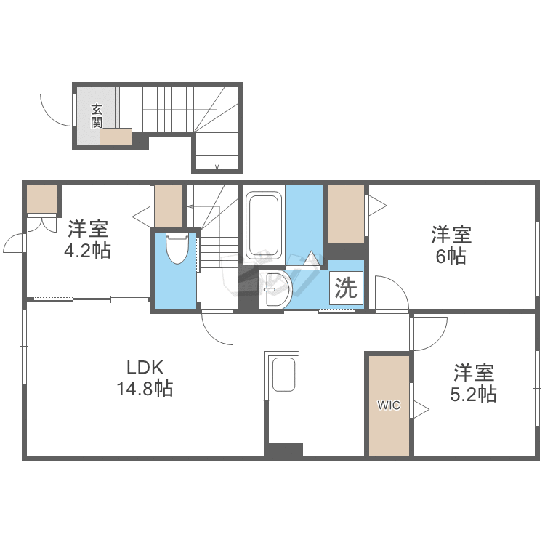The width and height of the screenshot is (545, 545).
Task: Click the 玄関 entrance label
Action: point(96,116)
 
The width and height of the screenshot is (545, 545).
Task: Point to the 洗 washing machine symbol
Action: point(346,288)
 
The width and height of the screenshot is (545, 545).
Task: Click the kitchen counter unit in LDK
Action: point(283,400)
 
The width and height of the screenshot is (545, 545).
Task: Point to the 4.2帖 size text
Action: point(88,251)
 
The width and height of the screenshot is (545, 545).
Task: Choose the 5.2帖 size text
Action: point(474,395)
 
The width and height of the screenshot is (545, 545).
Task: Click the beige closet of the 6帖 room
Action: point(346,214)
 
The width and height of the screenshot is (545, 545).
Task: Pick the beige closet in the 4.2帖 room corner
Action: point(42,200)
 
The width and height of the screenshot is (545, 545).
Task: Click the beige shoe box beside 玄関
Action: point(116,137)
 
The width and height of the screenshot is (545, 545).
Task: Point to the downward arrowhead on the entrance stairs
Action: point(217,168)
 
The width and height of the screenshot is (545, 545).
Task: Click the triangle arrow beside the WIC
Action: point(420,407)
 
